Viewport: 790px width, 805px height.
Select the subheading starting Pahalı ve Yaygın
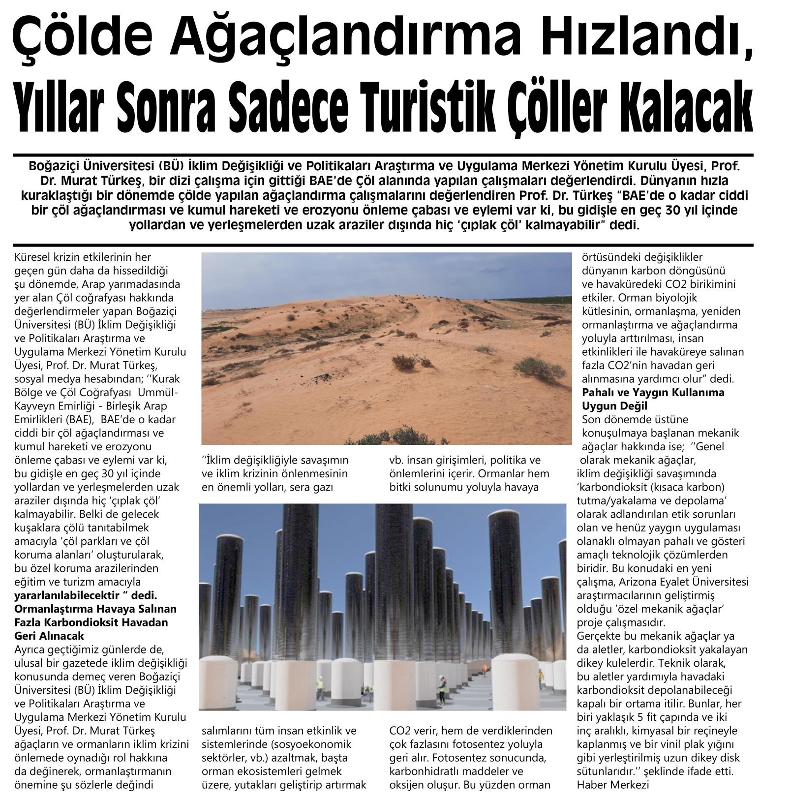(x=653, y=392)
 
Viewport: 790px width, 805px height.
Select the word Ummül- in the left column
(x=160, y=393)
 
